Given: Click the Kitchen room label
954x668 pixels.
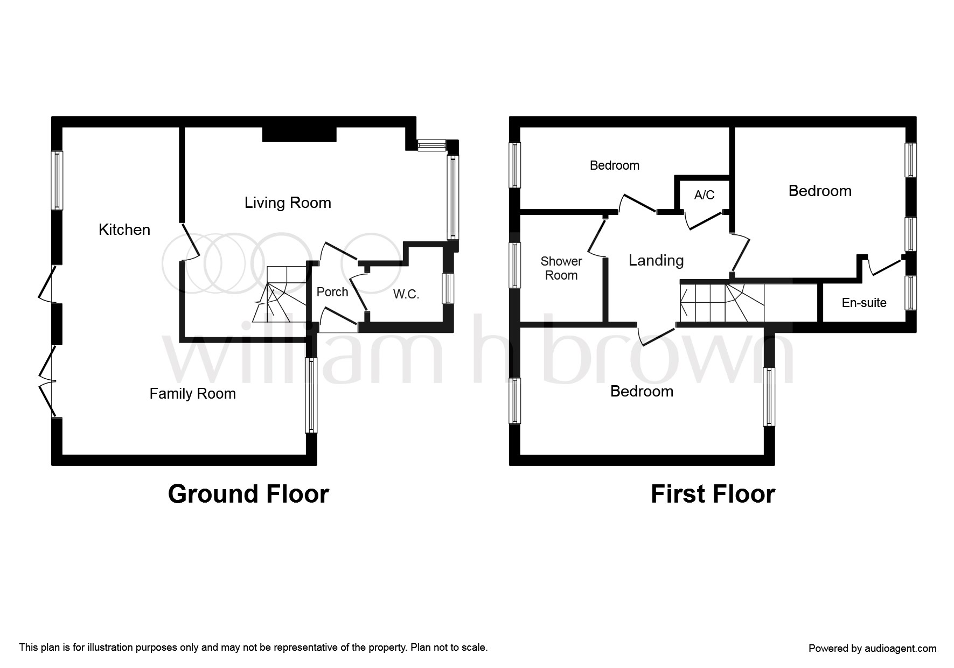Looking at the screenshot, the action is tap(124, 230).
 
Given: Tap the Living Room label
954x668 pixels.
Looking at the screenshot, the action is tap(288, 203).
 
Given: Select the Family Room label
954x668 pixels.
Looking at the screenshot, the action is tap(193, 394).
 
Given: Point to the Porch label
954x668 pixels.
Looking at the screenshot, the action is tap(332, 292).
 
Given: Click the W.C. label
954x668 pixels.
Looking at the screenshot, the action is tap(406, 294).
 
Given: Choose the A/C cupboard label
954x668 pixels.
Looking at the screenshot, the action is tap(704, 194).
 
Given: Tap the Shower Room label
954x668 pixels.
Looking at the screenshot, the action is tap(561, 268).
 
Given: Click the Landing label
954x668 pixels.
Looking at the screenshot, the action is tap(656, 261).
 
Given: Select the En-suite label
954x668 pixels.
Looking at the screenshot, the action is tap(864, 303).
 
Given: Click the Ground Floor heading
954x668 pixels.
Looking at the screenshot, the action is tap(248, 494).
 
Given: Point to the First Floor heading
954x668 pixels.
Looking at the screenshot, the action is tap(713, 494).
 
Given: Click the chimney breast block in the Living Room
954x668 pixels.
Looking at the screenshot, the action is tap(300, 134).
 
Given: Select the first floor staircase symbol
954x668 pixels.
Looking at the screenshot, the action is tap(722, 303).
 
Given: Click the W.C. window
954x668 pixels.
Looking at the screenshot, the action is tap(448, 288).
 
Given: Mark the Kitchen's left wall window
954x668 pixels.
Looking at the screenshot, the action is tap(57, 180).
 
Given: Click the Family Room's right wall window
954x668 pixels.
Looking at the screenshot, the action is tap(311, 395).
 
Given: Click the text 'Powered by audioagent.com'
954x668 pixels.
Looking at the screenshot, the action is tap(873, 649).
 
